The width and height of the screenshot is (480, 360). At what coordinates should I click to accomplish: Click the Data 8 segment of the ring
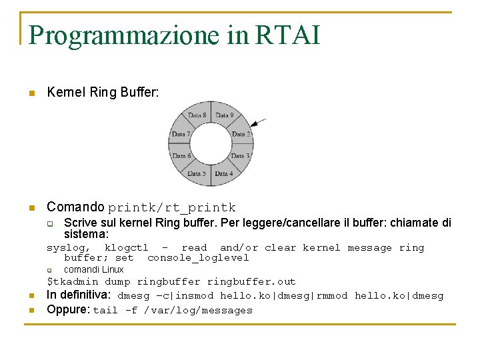click(197, 115)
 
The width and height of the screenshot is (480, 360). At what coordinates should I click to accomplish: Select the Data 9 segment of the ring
click(223, 115)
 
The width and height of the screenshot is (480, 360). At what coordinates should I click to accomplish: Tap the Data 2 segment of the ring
click(241, 134)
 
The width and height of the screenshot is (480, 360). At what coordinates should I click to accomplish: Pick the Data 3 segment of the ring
click(240, 156)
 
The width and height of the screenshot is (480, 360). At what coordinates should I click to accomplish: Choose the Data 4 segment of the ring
click(223, 173)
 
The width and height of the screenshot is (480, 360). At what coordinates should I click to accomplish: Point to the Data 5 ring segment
click(197, 173)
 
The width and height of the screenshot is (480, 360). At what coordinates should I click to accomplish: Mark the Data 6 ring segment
click(180, 156)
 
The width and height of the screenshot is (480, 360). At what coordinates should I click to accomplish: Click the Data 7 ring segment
click(180, 134)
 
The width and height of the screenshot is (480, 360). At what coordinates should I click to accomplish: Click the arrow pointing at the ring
click(259, 122)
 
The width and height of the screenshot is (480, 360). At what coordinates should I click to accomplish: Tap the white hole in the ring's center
click(210, 145)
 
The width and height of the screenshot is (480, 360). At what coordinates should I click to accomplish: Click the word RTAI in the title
click(287, 35)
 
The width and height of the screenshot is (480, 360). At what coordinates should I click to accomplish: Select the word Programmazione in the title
click(124, 35)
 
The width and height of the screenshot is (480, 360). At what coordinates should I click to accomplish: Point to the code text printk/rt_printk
click(172, 208)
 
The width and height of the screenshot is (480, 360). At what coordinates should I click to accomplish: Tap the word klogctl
click(126, 247)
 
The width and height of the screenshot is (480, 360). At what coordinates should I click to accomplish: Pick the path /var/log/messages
click(198, 310)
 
